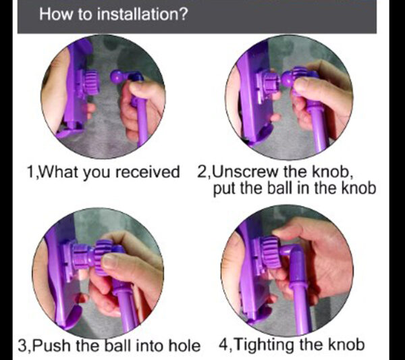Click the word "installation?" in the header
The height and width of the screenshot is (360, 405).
[142, 14]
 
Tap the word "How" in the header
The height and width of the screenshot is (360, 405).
[56, 14]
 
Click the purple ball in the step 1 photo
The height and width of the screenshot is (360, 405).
[117, 76]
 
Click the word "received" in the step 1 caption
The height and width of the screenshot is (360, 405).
[147, 172]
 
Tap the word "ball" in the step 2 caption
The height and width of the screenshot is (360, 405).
[281, 188]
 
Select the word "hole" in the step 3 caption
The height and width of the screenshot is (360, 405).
[184, 345]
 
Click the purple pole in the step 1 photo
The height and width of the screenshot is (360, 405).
[141, 120]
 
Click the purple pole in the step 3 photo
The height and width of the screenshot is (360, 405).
[127, 306]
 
